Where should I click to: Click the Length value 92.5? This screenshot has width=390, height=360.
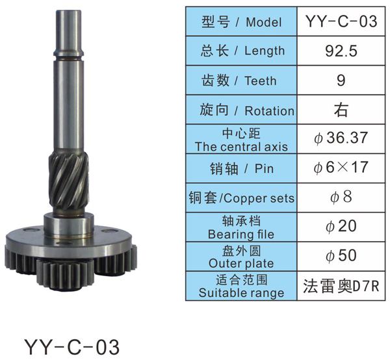[341, 51]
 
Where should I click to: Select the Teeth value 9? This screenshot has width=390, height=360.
[341, 81]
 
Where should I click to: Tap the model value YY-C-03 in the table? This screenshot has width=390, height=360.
[341, 21]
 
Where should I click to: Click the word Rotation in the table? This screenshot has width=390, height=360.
[269, 110]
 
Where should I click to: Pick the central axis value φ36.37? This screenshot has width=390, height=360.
[341, 138]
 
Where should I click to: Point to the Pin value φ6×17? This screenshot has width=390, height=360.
[341, 167]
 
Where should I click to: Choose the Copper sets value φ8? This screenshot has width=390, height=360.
[341, 197]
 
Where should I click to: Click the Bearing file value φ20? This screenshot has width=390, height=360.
[341, 226]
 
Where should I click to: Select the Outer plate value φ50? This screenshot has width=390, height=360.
[341, 255]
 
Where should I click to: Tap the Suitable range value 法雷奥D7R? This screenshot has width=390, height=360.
[341, 286]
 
